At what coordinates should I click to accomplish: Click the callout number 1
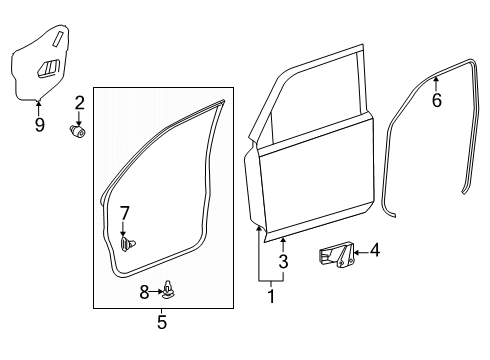(x=271, y=296)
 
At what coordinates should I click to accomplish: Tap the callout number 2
(x=80, y=103)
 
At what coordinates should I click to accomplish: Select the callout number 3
(x=283, y=261)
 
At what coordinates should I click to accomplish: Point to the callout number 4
(x=375, y=250)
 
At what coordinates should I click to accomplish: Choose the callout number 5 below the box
(x=162, y=322)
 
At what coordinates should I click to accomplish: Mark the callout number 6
(x=437, y=100)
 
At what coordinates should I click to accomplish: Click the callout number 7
(x=124, y=213)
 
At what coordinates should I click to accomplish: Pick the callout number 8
(x=144, y=292)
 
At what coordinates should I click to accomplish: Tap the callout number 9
(x=40, y=125)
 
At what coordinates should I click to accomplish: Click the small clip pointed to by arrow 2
(x=78, y=131)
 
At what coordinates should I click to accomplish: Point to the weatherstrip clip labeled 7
(x=127, y=244)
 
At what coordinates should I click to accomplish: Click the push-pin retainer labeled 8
(x=169, y=289)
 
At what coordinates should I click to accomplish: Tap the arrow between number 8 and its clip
(x=156, y=292)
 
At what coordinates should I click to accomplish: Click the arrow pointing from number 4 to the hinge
(x=361, y=252)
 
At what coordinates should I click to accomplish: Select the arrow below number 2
(x=79, y=118)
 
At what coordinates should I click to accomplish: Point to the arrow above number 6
(x=436, y=84)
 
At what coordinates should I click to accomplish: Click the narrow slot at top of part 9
(x=58, y=38)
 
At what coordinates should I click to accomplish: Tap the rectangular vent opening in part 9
(x=48, y=68)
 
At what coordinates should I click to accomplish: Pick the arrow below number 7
(x=123, y=229)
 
